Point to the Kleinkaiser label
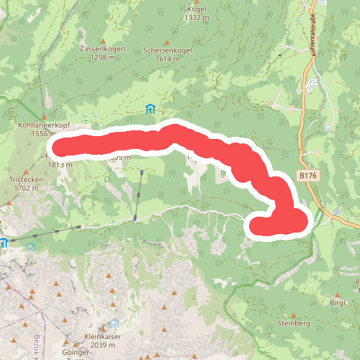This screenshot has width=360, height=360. [106, 337]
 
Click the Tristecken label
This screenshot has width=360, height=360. [24, 179]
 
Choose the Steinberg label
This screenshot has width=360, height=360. [292, 325]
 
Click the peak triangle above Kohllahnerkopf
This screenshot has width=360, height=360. [43, 115]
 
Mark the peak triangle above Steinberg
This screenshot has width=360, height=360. [293, 315]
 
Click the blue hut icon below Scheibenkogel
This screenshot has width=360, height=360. [150, 109]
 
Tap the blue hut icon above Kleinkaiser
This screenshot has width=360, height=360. [113, 325]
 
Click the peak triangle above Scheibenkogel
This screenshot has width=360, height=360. [166, 42]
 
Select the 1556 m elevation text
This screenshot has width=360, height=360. [43, 133]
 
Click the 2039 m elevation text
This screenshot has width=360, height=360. [105, 346]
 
